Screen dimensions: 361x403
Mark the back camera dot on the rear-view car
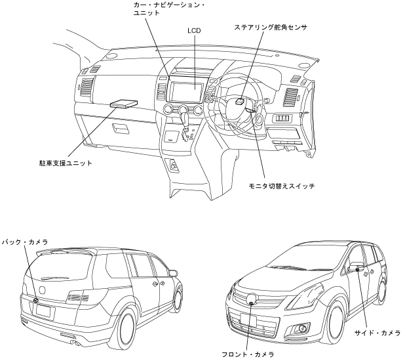click(x=35, y=300)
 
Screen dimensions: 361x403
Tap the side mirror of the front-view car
click(x=358, y=266)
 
